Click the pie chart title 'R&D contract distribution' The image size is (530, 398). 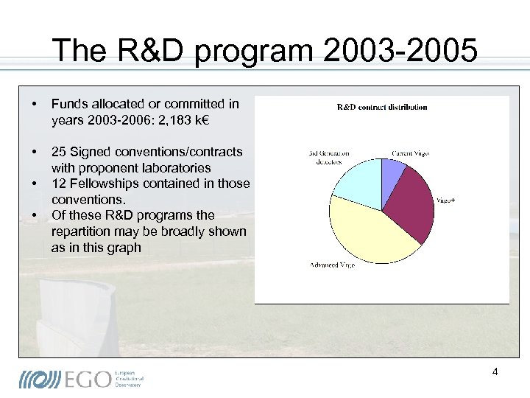click(381, 107)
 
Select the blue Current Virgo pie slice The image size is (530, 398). click(392, 174)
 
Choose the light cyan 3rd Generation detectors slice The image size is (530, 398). click(357, 181)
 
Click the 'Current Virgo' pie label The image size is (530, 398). click(410, 153)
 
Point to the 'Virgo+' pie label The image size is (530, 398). click(446, 200)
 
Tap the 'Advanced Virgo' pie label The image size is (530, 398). click(332, 265)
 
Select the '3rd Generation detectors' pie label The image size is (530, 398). click(328, 157)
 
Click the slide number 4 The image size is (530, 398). click(495, 371)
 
